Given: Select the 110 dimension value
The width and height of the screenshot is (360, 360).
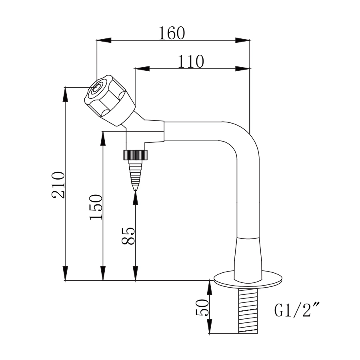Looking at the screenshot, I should coord(191,62).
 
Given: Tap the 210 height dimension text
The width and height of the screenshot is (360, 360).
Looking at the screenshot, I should coord(58,185).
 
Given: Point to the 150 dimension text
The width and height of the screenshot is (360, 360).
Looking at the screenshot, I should coord(96,207).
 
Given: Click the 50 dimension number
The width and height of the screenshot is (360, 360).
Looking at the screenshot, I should coord(202,307).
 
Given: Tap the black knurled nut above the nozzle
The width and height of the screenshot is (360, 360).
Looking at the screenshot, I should coord(135,154).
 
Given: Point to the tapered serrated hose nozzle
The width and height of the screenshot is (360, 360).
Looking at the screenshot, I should coord(135,174).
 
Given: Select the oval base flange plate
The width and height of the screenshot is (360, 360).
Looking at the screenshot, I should coord(248,279).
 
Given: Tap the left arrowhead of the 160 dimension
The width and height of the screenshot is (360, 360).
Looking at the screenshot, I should coord(103,40).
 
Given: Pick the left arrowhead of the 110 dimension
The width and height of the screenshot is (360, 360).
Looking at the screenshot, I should coord(142,68).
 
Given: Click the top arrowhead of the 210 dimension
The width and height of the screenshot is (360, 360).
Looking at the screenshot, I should coord(65,94).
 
